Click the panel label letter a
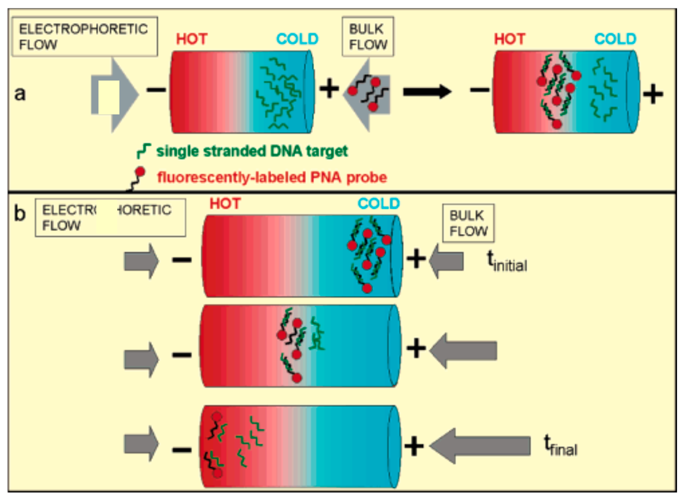click(x=20, y=93)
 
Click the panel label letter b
click(x=20, y=214)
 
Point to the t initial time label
click(x=507, y=262)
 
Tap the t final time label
click(x=560, y=446)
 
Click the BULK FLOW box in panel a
click(x=368, y=37)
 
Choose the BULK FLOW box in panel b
click(x=468, y=223)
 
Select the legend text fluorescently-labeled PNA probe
click(x=272, y=177)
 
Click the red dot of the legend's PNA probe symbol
click(x=140, y=172)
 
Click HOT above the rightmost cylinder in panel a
click(x=510, y=39)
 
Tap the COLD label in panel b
click(x=379, y=203)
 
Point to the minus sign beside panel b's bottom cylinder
click(x=182, y=450)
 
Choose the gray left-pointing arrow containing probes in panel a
click(x=367, y=95)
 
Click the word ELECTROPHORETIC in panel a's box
click(x=83, y=29)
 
